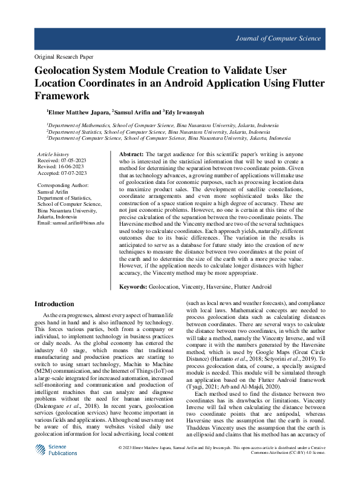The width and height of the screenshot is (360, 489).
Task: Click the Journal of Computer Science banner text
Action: pos(278,39)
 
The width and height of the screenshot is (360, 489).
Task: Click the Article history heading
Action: pos(53,155)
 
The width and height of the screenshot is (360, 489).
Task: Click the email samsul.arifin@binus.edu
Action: pos(71,223)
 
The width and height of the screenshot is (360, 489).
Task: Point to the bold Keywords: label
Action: pos(133,286)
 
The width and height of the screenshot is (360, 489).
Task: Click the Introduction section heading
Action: pos(54,304)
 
